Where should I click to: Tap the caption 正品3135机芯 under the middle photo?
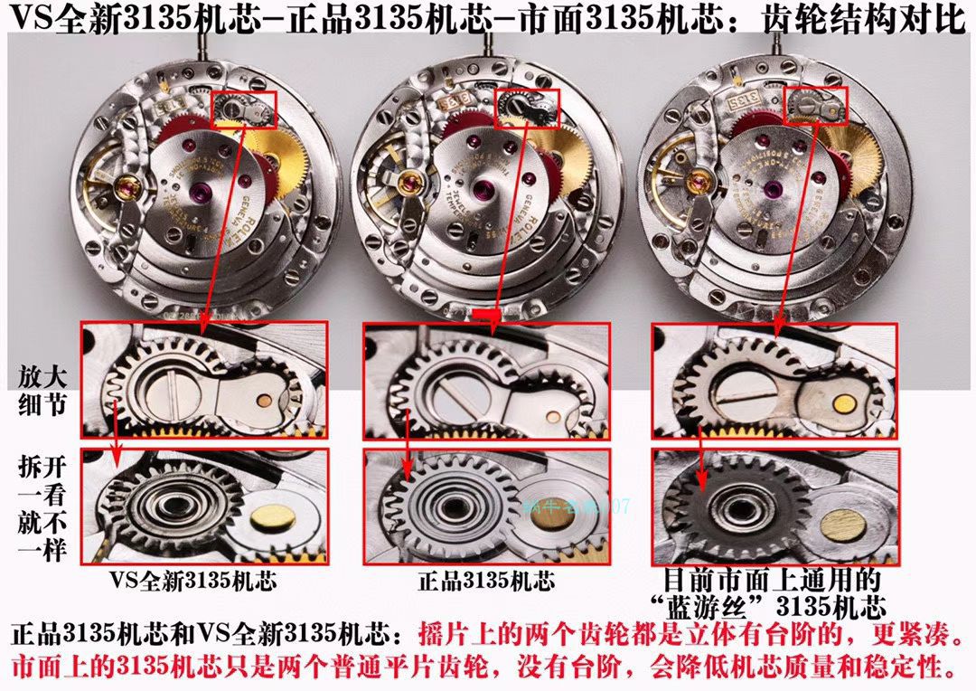pyautogui.click(x=486, y=579)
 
